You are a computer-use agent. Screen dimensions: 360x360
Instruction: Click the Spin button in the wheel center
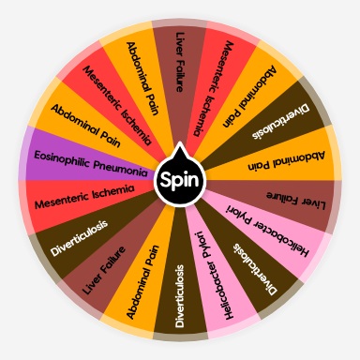click(179, 178)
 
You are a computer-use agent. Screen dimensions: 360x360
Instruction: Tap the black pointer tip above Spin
click(179, 149)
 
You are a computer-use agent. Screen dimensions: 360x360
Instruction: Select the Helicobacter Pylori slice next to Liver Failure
click(271, 231)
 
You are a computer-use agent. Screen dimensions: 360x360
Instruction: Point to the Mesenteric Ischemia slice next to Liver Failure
click(212, 77)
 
